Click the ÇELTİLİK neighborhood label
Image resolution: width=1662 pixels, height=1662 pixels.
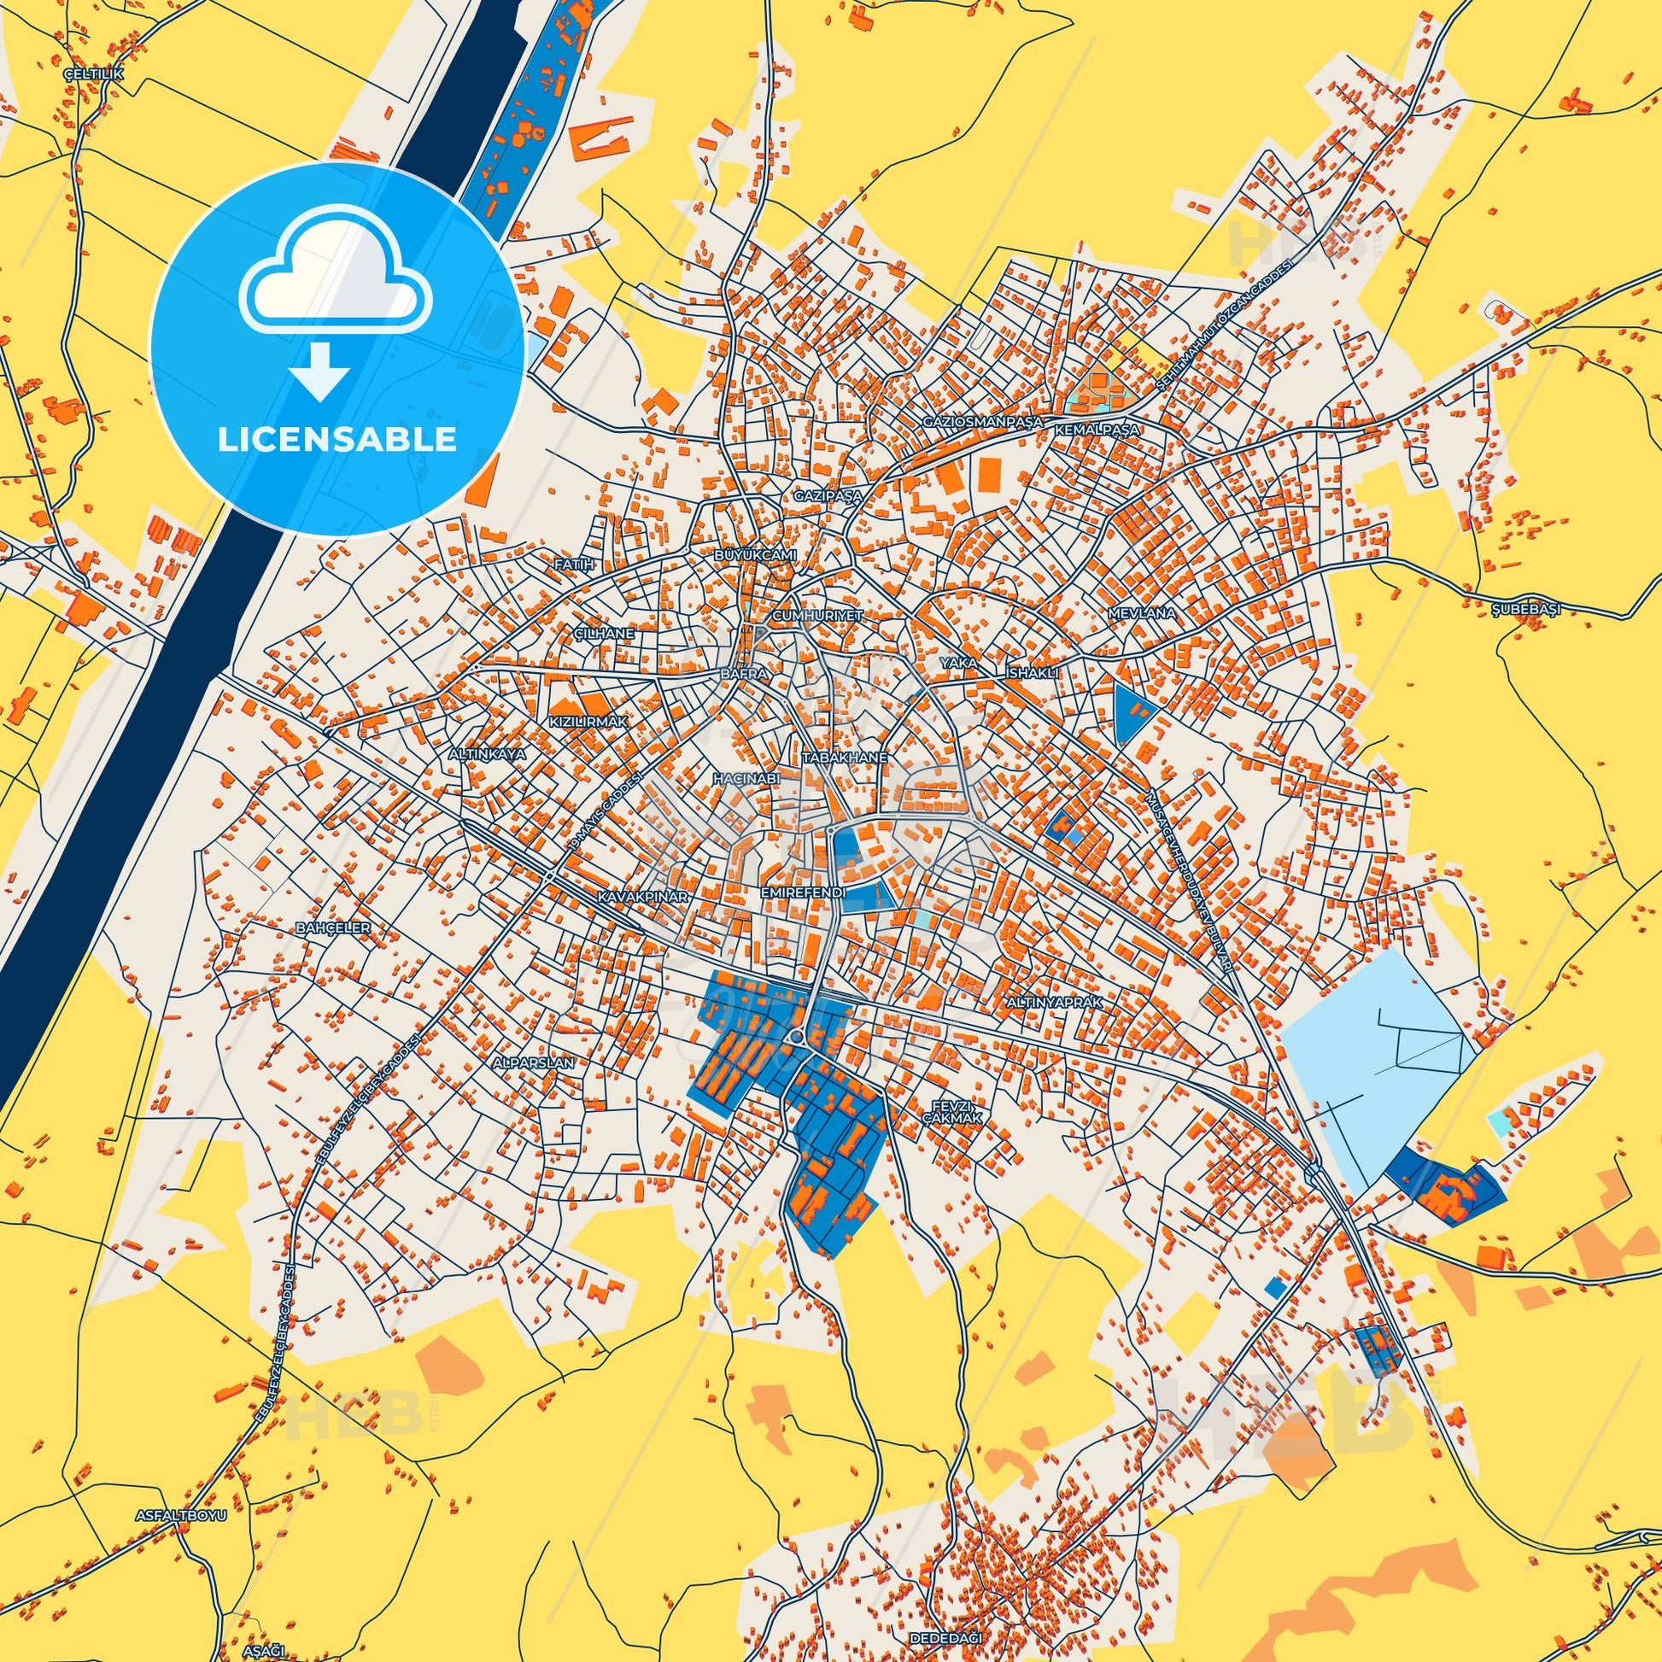95,75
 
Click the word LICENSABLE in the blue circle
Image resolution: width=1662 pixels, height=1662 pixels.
337,440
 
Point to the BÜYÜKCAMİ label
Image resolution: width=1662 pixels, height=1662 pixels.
756,556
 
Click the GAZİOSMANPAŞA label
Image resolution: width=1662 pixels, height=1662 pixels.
981,423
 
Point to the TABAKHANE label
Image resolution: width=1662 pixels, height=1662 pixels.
843,758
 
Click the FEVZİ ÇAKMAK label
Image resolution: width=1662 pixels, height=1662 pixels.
963,1110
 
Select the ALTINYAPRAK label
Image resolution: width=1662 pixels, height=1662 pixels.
1053,1002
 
